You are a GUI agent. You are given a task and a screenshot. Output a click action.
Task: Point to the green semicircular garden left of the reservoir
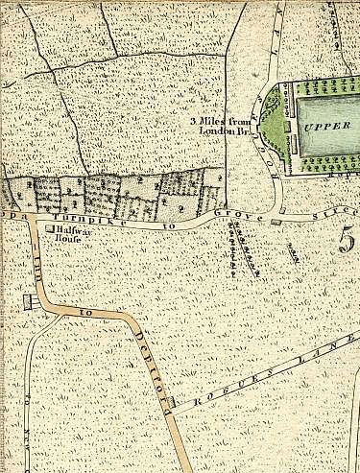tap(273, 125)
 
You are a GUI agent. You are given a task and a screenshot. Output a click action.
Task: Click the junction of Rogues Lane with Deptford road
tap(174, 411)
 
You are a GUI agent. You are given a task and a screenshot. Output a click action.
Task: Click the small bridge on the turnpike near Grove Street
tap(277, 222)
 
